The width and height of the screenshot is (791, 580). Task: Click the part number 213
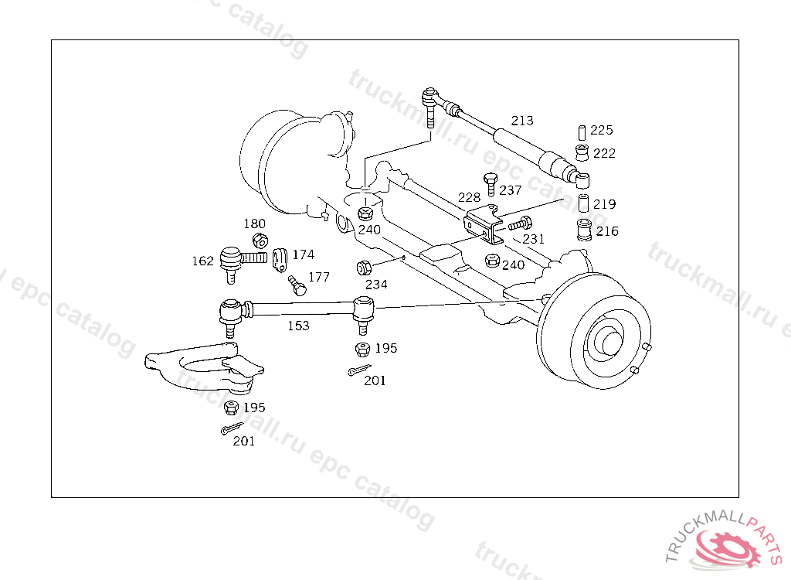522,120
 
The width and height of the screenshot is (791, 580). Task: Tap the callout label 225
601,130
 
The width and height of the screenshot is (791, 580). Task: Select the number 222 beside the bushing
604,153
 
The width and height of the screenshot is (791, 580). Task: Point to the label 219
604,204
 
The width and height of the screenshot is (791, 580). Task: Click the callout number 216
607,231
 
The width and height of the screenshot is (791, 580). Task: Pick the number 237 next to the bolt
510,190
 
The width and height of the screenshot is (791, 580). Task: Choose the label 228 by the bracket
469,197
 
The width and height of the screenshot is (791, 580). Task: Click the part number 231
533,238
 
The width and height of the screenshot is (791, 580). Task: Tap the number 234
376,285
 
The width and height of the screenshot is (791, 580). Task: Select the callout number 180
255,223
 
